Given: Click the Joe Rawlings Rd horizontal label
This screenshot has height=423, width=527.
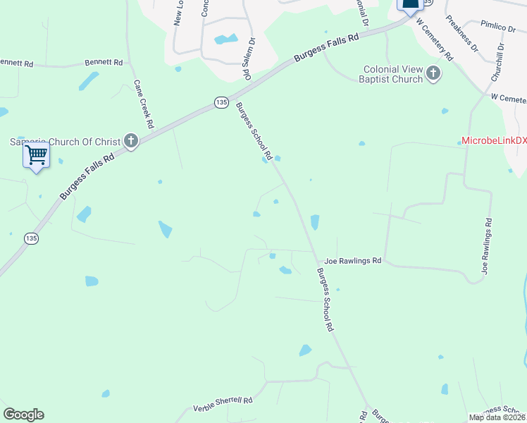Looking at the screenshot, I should click(352, 261).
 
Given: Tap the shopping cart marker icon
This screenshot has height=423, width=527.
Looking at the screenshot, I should click(36, 154).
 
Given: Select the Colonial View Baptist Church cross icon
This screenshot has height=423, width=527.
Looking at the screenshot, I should click(433, 73).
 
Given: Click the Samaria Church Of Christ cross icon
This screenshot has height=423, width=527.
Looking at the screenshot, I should click(130, 141).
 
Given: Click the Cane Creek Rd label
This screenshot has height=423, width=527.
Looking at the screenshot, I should click(144, 104).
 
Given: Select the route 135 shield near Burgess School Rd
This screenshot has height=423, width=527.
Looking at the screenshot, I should click(222, 103).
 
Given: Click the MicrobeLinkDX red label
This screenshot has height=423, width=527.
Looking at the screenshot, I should click(494, 140).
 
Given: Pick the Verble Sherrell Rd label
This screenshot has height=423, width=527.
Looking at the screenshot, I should click(223, 405).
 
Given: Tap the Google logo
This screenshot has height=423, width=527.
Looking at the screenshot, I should click(23, 415).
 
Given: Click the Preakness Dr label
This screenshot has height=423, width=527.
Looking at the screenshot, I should click(462, 42).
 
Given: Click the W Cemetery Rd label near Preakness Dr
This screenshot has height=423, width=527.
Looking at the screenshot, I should click(435, 39).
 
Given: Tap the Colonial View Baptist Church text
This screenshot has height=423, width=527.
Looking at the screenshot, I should click(393, 74).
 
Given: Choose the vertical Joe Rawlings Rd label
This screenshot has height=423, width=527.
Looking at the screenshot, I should click(487, 246).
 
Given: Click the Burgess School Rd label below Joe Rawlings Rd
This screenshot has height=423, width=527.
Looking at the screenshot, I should click(324, 300).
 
